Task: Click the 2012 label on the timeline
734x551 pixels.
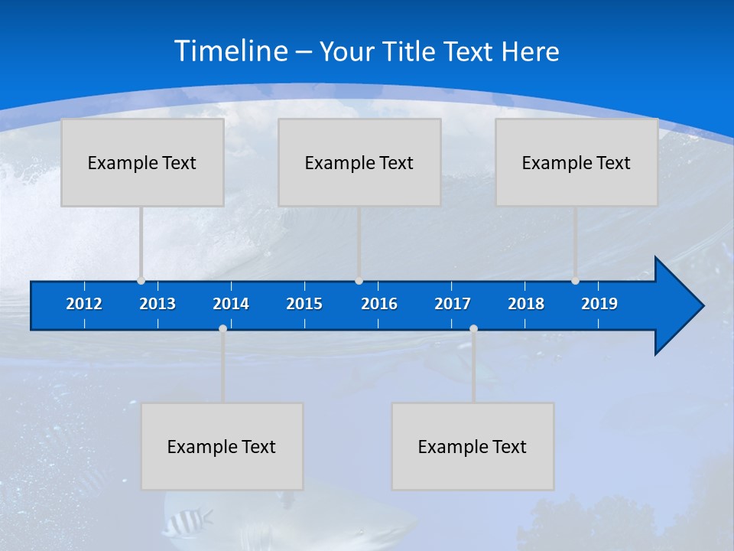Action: (x=84, y=304)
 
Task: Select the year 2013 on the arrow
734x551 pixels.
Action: (x=158, y=304)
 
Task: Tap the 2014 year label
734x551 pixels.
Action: (x=231, y=304)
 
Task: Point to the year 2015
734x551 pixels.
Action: (x=304, y=304)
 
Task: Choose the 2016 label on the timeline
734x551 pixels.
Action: (x=379, y=304)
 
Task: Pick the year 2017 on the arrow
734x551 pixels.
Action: (x=453, y=304)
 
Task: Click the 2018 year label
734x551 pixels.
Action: (x=526, y=304)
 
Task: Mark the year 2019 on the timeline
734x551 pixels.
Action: (x=599, y=304)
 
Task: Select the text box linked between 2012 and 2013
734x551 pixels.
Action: (x=142, y=162)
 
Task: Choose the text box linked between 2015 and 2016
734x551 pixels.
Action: (x=359, y=162)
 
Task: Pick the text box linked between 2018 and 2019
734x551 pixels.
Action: (x=576, y=162)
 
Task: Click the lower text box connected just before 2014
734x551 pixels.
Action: (x=222, y=446)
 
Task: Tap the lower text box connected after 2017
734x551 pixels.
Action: (x=473, y=446)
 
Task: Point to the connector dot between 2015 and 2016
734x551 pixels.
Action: (x=359, y=281)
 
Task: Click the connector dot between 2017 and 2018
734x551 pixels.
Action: (x=473, y=329)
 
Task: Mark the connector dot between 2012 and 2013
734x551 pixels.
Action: (x=141, y=281)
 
